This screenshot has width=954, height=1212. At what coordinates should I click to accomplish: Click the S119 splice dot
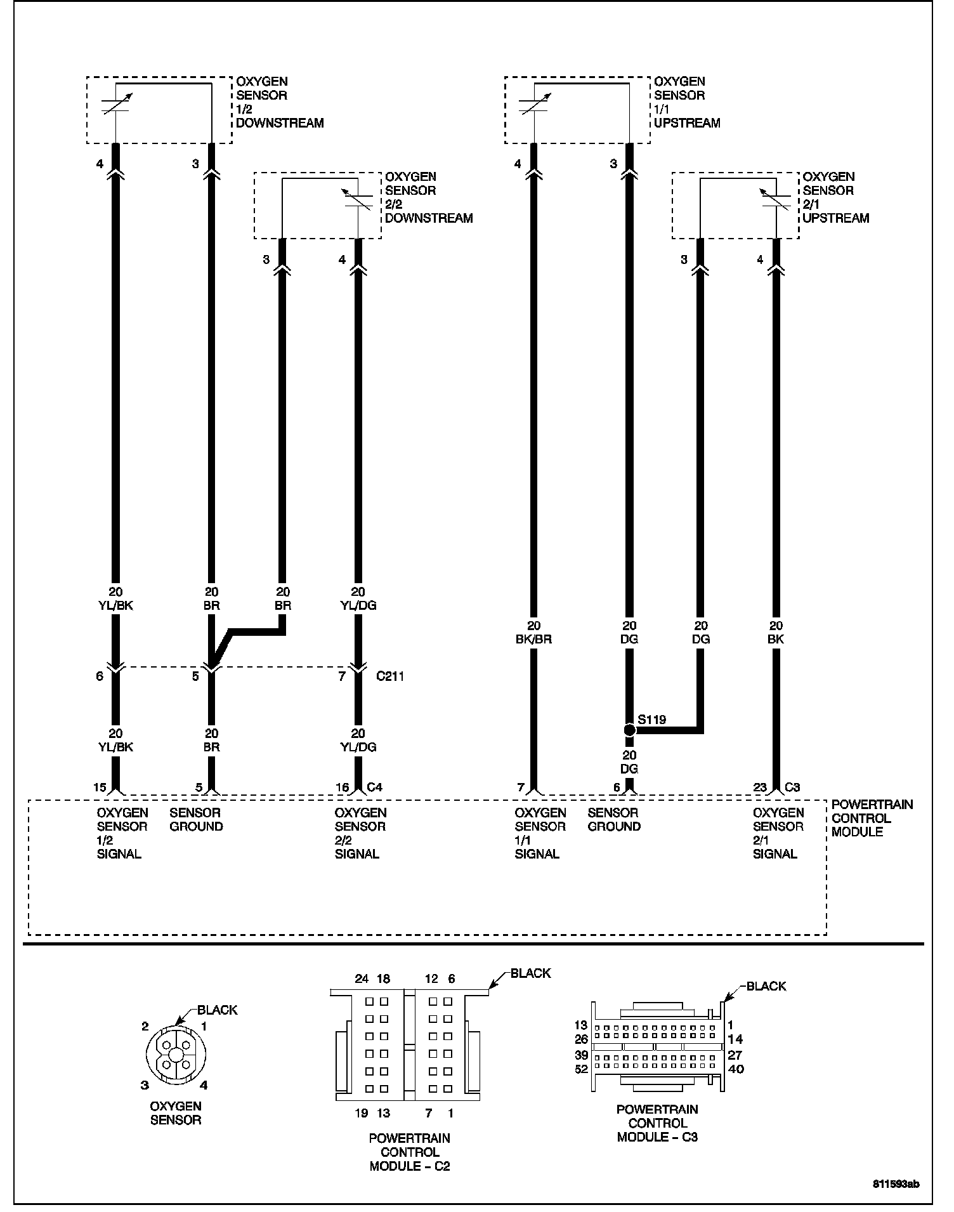tap(629, 730)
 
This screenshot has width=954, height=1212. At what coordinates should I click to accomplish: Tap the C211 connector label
tap(389, 676)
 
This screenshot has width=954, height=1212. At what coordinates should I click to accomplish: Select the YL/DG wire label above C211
tap(358, 605)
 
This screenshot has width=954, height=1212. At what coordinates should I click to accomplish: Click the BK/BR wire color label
tap(534, 639)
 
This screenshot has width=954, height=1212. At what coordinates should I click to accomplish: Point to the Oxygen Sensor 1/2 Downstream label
tap(279, 102)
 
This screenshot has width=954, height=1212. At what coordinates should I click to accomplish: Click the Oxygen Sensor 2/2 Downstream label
tap(428, 197)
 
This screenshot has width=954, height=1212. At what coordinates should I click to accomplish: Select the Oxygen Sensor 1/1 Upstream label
tap(686, 102)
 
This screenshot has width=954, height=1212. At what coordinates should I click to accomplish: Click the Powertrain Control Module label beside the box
tap(872, 818)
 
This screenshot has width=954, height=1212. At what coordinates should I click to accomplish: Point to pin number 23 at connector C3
tap(760, 787)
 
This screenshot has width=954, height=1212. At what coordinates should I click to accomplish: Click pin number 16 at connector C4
tap(343, 787)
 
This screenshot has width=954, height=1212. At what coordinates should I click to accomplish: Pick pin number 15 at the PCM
tap(100, 787)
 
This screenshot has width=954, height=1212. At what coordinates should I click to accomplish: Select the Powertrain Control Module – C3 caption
tap(657, 1123)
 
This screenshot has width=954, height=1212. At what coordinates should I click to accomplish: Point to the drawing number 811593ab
tap(896, 1184)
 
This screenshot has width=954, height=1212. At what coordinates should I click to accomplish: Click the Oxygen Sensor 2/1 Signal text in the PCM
tap(778, 833)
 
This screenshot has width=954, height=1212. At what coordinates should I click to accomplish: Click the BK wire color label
tap(776, 639)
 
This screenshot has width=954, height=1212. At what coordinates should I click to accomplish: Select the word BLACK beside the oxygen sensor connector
tap(217, 1010)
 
